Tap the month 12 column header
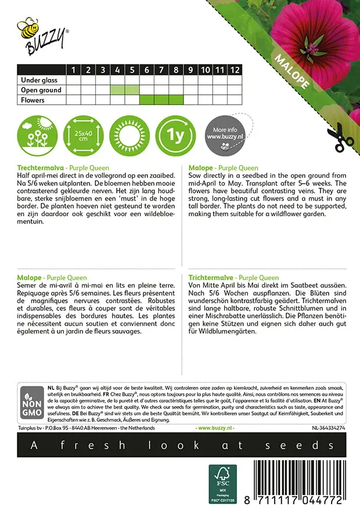(x=234, y=70)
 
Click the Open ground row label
(x=41, y=90)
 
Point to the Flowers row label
(x=33, y=100)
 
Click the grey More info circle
(x=224, y=135)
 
